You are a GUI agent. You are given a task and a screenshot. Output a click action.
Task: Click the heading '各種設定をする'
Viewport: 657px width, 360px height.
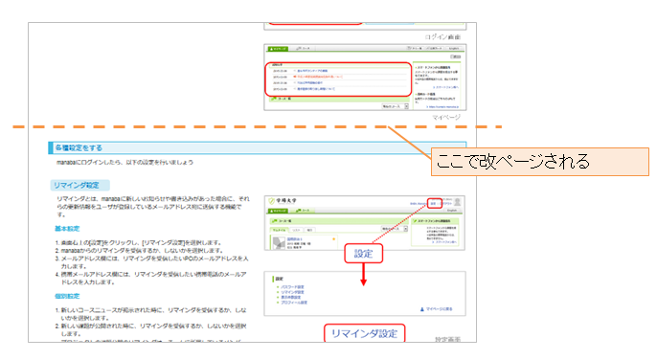[79, 148]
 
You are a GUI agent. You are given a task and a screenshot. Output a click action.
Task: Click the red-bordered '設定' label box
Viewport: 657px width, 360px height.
[362, 254]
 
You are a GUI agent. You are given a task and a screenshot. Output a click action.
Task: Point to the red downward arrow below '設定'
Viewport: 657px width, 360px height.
[362, 275]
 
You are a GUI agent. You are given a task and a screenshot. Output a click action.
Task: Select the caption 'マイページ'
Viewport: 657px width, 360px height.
[445, 117]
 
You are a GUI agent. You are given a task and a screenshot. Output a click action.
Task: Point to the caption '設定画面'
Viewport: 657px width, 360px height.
[448, 339]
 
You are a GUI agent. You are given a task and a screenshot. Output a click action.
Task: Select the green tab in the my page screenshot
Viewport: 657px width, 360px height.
[278, 48]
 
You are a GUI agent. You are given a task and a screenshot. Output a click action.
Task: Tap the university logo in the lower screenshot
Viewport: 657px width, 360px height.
[286, 201]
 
